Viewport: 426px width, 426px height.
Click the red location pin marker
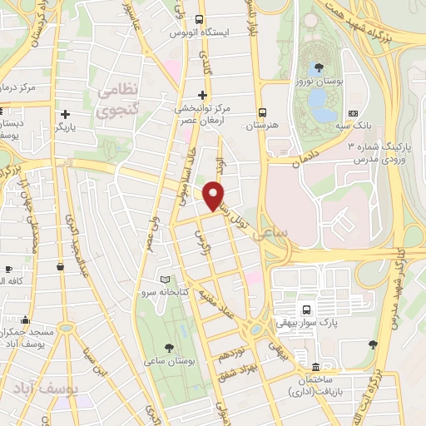pos(215,196)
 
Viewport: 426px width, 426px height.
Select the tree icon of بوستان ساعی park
pos(170,347)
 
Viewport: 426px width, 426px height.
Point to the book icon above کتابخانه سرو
pos(165,280)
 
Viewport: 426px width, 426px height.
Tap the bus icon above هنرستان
pos(263,111)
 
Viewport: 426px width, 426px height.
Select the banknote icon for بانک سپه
pos(353,113)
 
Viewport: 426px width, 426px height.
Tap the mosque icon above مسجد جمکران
pos(27,319)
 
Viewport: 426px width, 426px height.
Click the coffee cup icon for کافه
pos(8,270)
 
